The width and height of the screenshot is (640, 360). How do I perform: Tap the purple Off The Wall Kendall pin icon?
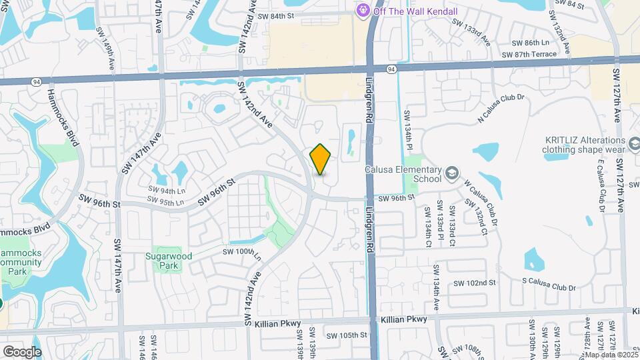pyautogui.click(x=363, y=10)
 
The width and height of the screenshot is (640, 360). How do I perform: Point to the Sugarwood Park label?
pyautogui.click(x=163, y=261)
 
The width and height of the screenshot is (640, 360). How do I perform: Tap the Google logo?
pyautogui.click(x=21, y=351)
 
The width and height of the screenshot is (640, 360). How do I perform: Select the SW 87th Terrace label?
pyautogui.click(x=529, y=54)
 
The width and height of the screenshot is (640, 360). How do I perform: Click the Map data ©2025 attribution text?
pyautogui.click(x=611, y=355)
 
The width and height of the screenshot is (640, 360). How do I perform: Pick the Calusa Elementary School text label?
pyautogui.click(x=403, y=174)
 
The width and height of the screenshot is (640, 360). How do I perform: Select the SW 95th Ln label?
pyautogui.click(x=166, y=201)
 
